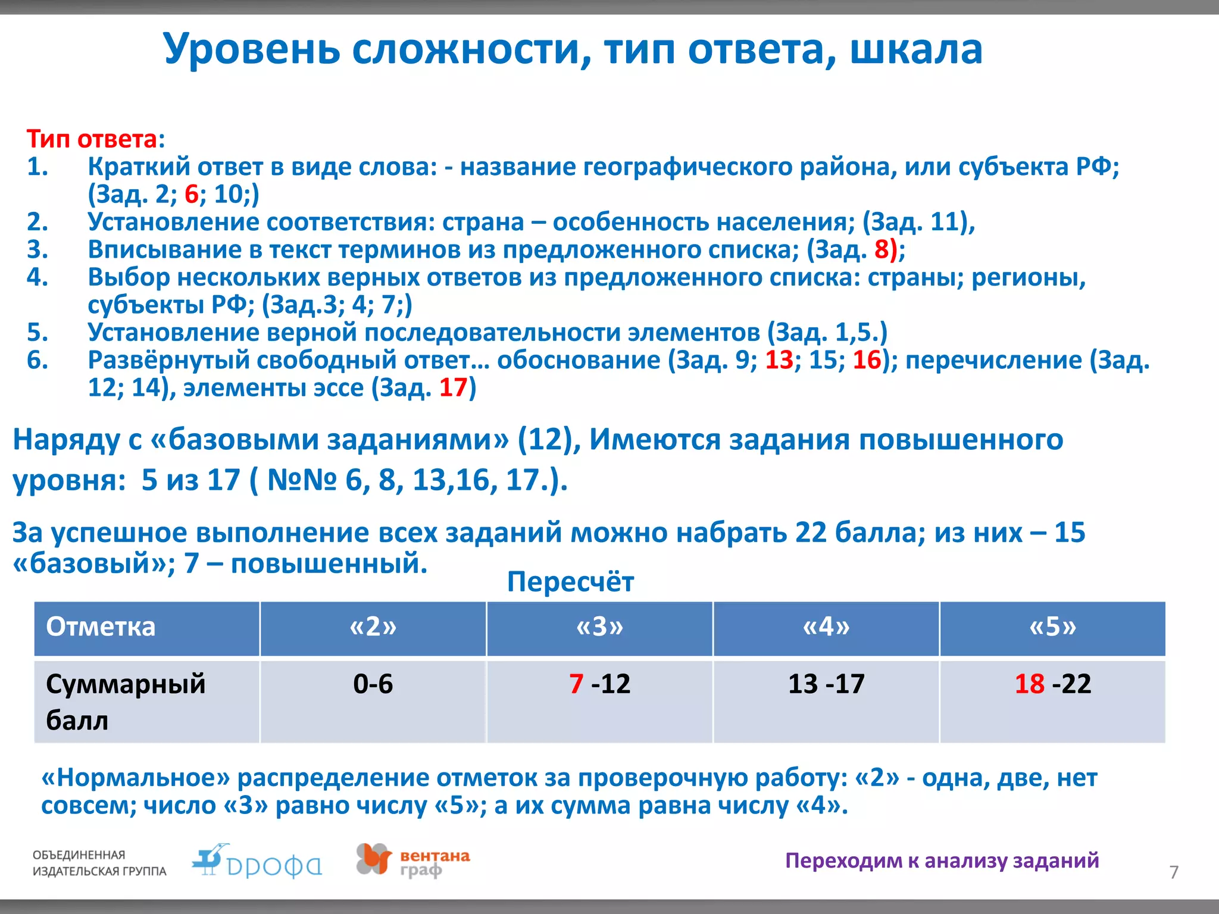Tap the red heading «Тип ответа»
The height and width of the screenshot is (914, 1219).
coord(92,139)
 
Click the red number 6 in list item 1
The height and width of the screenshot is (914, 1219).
coord(192,195)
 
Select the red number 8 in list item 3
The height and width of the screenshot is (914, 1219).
coord(882,250)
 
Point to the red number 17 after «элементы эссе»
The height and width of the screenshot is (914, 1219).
coord(453,388)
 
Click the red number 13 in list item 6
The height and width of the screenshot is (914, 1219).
coord(779,361)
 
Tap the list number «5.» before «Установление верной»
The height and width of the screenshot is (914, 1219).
coord(37,333)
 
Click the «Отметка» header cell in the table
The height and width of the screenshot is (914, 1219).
coord(101,627)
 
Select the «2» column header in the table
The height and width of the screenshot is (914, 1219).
coord(373,627)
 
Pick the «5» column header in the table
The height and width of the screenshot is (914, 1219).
coord(1052,627)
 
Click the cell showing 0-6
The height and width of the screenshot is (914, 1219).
coord(373,684)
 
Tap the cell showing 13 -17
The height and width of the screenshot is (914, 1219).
coord(826,684)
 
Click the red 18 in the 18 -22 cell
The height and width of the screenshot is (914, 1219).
coord(1030,684)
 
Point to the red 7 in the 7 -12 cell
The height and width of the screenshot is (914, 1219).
coord(576,684)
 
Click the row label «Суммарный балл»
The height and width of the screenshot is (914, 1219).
coord(125,702)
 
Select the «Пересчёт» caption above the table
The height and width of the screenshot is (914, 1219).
coord(570,581)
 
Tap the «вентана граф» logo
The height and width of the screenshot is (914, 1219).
coord(413,861)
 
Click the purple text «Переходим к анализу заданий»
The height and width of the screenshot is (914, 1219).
coord(942,860)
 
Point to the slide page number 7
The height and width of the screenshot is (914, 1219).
coord(1174,872)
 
